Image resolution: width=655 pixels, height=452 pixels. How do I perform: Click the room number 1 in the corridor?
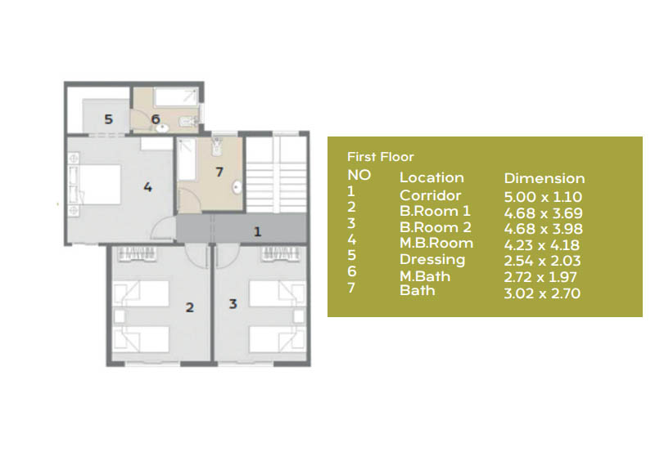(257, 231)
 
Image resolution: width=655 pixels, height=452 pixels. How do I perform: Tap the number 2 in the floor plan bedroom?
(189, 308)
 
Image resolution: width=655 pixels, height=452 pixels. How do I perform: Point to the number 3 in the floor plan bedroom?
(233, 304)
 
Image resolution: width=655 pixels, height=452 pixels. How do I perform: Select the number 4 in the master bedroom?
(147, 187)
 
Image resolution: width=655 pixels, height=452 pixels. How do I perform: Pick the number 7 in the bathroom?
(219, 172)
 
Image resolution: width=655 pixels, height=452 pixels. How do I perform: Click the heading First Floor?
(380, 157)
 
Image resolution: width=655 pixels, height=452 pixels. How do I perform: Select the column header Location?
(431, 177)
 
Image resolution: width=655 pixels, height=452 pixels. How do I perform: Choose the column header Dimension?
(544, 178)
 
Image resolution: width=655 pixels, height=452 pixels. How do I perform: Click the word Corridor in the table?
(430, 195)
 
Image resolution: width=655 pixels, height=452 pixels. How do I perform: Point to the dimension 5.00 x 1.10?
(542, 196)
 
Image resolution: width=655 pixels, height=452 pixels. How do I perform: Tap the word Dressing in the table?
(431, 259)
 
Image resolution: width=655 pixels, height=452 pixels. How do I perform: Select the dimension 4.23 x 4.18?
(542, 244)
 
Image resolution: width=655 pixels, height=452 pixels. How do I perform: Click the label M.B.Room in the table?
(436, 243)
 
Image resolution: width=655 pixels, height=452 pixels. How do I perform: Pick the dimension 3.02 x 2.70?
(542, 293)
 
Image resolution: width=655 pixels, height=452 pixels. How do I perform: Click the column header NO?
(359, 175)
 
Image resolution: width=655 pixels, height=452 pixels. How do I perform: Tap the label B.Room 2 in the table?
(434, 227)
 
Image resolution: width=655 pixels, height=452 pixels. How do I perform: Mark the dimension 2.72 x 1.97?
(542, 277)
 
